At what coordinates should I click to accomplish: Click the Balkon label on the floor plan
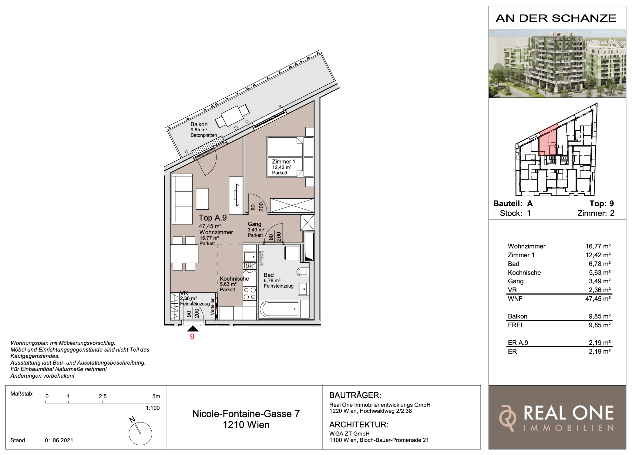click(199, 124)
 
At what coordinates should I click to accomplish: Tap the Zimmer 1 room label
click(283, 162)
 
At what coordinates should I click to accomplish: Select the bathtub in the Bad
click(279, 309)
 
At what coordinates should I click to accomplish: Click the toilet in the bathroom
click(302, 271)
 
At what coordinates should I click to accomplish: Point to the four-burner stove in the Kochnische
click(250, 294)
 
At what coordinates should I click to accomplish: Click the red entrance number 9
click(192, 337)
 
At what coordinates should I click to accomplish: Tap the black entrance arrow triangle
click(193, 329)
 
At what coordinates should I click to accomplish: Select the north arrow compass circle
click(140, 433)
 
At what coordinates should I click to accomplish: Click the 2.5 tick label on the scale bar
click(103, 396)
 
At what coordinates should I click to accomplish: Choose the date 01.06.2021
click(59, 440)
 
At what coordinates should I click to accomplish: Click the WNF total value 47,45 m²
click(598, 299)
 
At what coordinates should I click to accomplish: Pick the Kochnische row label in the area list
click(524, 273)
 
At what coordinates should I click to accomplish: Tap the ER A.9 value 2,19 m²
click(600, 343)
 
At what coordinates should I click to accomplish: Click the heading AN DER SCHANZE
click(556, 18)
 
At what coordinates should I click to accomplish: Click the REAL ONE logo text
click(569, 413)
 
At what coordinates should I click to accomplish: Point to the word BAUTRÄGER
click(355, 395)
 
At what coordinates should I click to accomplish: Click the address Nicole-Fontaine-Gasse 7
click(246, 414)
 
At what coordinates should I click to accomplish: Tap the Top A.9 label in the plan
click(213, 218)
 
